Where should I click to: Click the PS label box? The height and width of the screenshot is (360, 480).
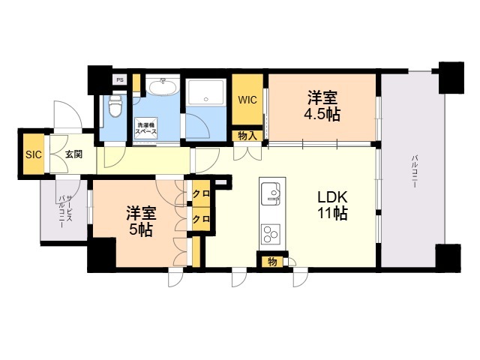(x=120, y=80)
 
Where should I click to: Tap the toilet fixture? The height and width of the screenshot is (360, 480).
(x=115, y=106)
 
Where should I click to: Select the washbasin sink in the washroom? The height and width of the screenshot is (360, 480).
(x=163, y=85)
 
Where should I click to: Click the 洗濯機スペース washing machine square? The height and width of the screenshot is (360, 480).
(x=146, y=128)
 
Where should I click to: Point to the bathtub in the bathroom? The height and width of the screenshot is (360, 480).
(x=205, y=91)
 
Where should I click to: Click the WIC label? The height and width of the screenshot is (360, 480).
(x=247, y=100)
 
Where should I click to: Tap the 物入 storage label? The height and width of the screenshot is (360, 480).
(x=247, y=136)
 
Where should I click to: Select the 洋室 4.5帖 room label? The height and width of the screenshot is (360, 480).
(x=322, y=106)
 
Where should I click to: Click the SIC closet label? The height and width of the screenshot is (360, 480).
(x=33, y=154)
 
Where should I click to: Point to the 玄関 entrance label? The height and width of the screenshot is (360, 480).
(x=73, y=154)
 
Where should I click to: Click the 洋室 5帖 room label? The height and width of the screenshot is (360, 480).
(x=141, y=221)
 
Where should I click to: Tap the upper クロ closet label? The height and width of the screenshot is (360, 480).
(x=201, y=193)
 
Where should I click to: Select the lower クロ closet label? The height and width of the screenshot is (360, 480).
(x=201, y=219)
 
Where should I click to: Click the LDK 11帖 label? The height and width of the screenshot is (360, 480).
(x=332, y=205)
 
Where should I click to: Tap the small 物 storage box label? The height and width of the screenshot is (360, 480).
(x=272, y=262)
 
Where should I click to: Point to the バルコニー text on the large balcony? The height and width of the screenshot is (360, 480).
(x=415, y=172)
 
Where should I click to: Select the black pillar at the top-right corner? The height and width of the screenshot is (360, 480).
(x=451, y=78)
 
